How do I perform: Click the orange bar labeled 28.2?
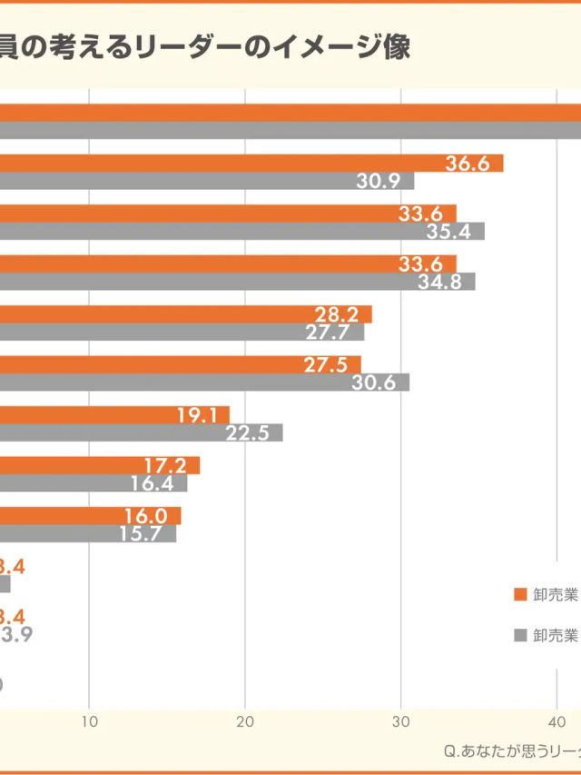coord(182,314)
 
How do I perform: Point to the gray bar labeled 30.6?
coord(200,383)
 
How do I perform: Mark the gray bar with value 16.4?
coord(91,483)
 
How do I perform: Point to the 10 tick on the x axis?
coord(89,721)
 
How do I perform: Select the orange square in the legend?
coord(520,595)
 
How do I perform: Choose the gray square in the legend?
coord(520,635)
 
